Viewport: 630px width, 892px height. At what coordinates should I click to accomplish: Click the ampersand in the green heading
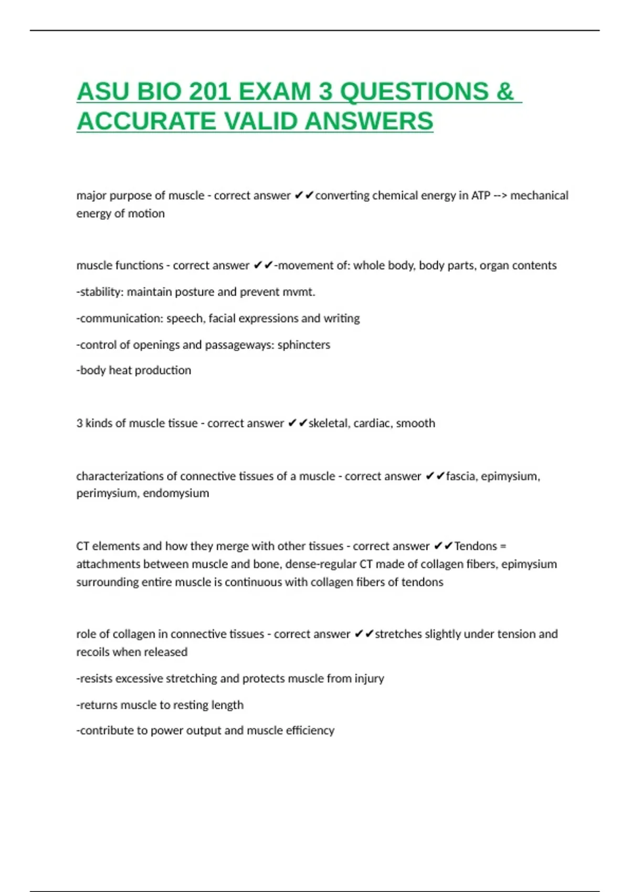pyautogui.click(x=505, y=92)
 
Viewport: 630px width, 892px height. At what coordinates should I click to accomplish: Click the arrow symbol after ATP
pyautogui.click(x=500, y=196)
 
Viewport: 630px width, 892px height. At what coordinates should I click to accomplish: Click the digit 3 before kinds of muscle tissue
pyautogui.click(x=79, y=423)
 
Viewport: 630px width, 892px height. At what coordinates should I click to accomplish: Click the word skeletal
pyautogui.click(x=329, y=423)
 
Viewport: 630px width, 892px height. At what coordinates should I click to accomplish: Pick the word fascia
pyautogui.click(x=461, y=476)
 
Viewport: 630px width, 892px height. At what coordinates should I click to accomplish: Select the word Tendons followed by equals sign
pyautogui.click(x=475, y=546)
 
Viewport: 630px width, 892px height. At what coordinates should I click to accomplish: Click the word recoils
pyautogui.click(x=94, y=652)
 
